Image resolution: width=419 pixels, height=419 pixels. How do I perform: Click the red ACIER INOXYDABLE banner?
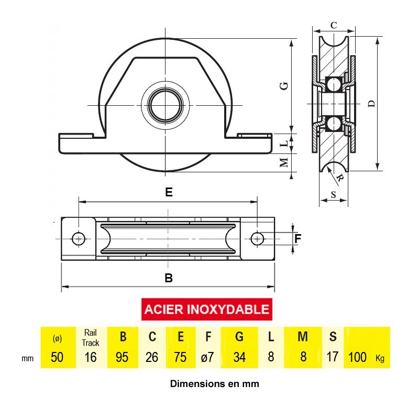tap(206, 309)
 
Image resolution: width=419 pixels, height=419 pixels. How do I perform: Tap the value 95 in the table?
tap(122, 357)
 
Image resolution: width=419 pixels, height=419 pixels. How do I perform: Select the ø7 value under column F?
tap(207, 357)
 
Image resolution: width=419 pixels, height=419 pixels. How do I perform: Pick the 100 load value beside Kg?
tap(357, 357)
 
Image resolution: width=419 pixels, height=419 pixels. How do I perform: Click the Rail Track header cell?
tap(90, 337)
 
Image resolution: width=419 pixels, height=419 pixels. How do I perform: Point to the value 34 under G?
tap(239, 357)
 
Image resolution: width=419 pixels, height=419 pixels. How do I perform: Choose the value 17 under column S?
tap(333, 357)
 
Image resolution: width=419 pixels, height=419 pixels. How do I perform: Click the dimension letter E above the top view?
tap(169, 192)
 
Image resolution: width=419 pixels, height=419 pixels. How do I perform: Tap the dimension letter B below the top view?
tap(169, 278)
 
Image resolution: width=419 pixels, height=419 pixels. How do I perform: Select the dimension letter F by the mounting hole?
tap(297, 239)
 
